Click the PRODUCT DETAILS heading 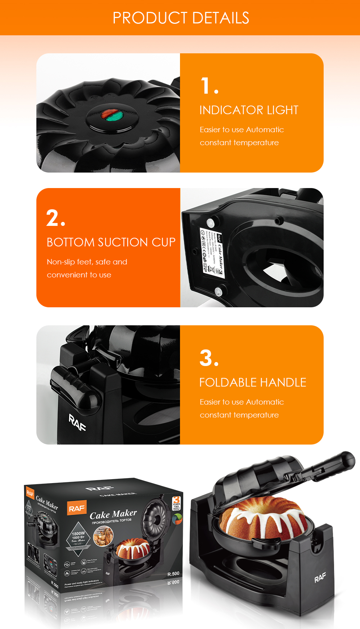[181, 18]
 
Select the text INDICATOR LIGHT [249, 110]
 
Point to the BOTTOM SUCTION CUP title [111, 242]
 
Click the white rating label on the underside [212, 252]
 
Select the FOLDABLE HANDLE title [252, 382]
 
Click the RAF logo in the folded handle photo [77, 422]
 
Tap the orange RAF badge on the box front [77, 508]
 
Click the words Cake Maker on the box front [113, 514]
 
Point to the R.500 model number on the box [173, 574]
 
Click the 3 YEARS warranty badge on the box [176, 503]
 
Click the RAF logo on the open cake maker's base [320, 578]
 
